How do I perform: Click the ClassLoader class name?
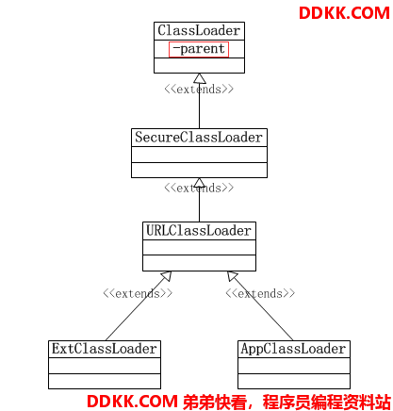(199, 31)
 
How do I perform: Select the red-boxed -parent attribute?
(199, 49)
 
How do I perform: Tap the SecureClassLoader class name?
(199, 138)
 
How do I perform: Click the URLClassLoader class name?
(199, 231)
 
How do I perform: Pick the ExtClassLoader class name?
(105, 349)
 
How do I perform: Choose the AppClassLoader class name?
(293, 349)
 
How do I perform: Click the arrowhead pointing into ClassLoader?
(200, 78)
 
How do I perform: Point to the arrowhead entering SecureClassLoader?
(200, 183)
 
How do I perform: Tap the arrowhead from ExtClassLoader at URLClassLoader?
(167, 276)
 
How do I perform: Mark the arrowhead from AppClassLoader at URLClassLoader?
(233, 276)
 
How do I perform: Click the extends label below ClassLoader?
(199, 90)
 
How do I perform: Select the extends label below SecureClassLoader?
(199, 189)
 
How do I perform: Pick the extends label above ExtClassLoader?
(138, 293)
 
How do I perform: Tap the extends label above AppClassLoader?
(260, 293)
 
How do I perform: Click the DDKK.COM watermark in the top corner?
(344, 13)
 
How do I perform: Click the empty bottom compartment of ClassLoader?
(199, 65)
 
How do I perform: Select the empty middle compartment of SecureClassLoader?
(199, 155)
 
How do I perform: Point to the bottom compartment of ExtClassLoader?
(105, 381)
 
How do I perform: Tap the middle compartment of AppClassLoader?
(294, 366)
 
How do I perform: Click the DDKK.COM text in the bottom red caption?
(132, 402)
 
